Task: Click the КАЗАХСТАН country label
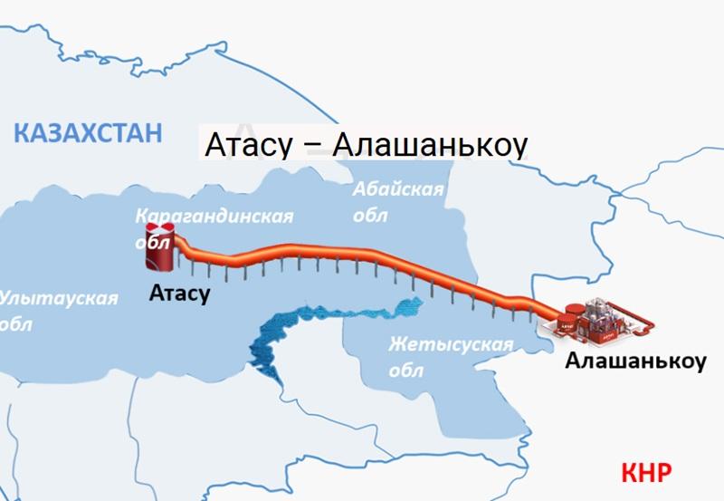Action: coord(88,132)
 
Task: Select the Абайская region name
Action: coord(398,189)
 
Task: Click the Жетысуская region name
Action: coord(451,345)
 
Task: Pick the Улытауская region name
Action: coord(59,297)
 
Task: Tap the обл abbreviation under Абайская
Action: coord(370,217)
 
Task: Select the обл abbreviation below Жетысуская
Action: coord(405,371)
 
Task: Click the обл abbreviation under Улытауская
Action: coord(16,324)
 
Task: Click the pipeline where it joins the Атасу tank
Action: coord(181,245)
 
